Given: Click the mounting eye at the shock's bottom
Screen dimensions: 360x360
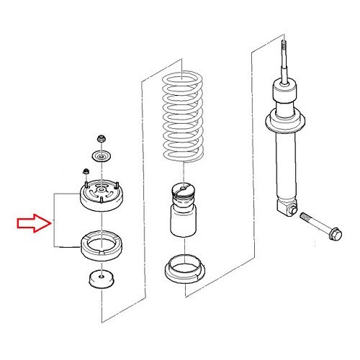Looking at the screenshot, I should pyautogui.click(x=288, y=208).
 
